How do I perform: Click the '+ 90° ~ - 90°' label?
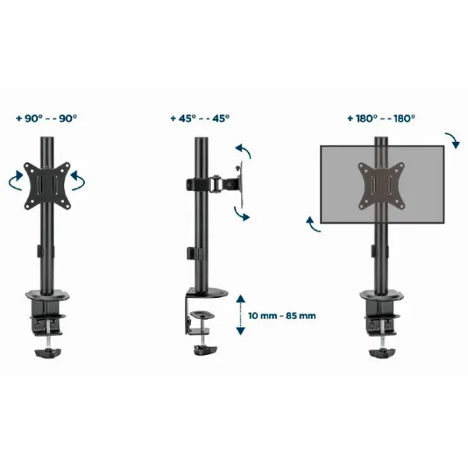(47, 119)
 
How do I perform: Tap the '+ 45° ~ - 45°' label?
(200, 119)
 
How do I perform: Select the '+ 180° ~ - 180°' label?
(381, 119)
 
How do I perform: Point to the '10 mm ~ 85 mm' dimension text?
(282, 315)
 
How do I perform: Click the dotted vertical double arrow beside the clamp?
(240, 314)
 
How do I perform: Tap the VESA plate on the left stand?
(47, 186)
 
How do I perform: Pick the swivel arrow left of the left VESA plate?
(16, 180)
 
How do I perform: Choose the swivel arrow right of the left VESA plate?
(77, 180)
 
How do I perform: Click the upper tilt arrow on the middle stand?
(244, 151)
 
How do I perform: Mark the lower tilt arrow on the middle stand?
(241, 214)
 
